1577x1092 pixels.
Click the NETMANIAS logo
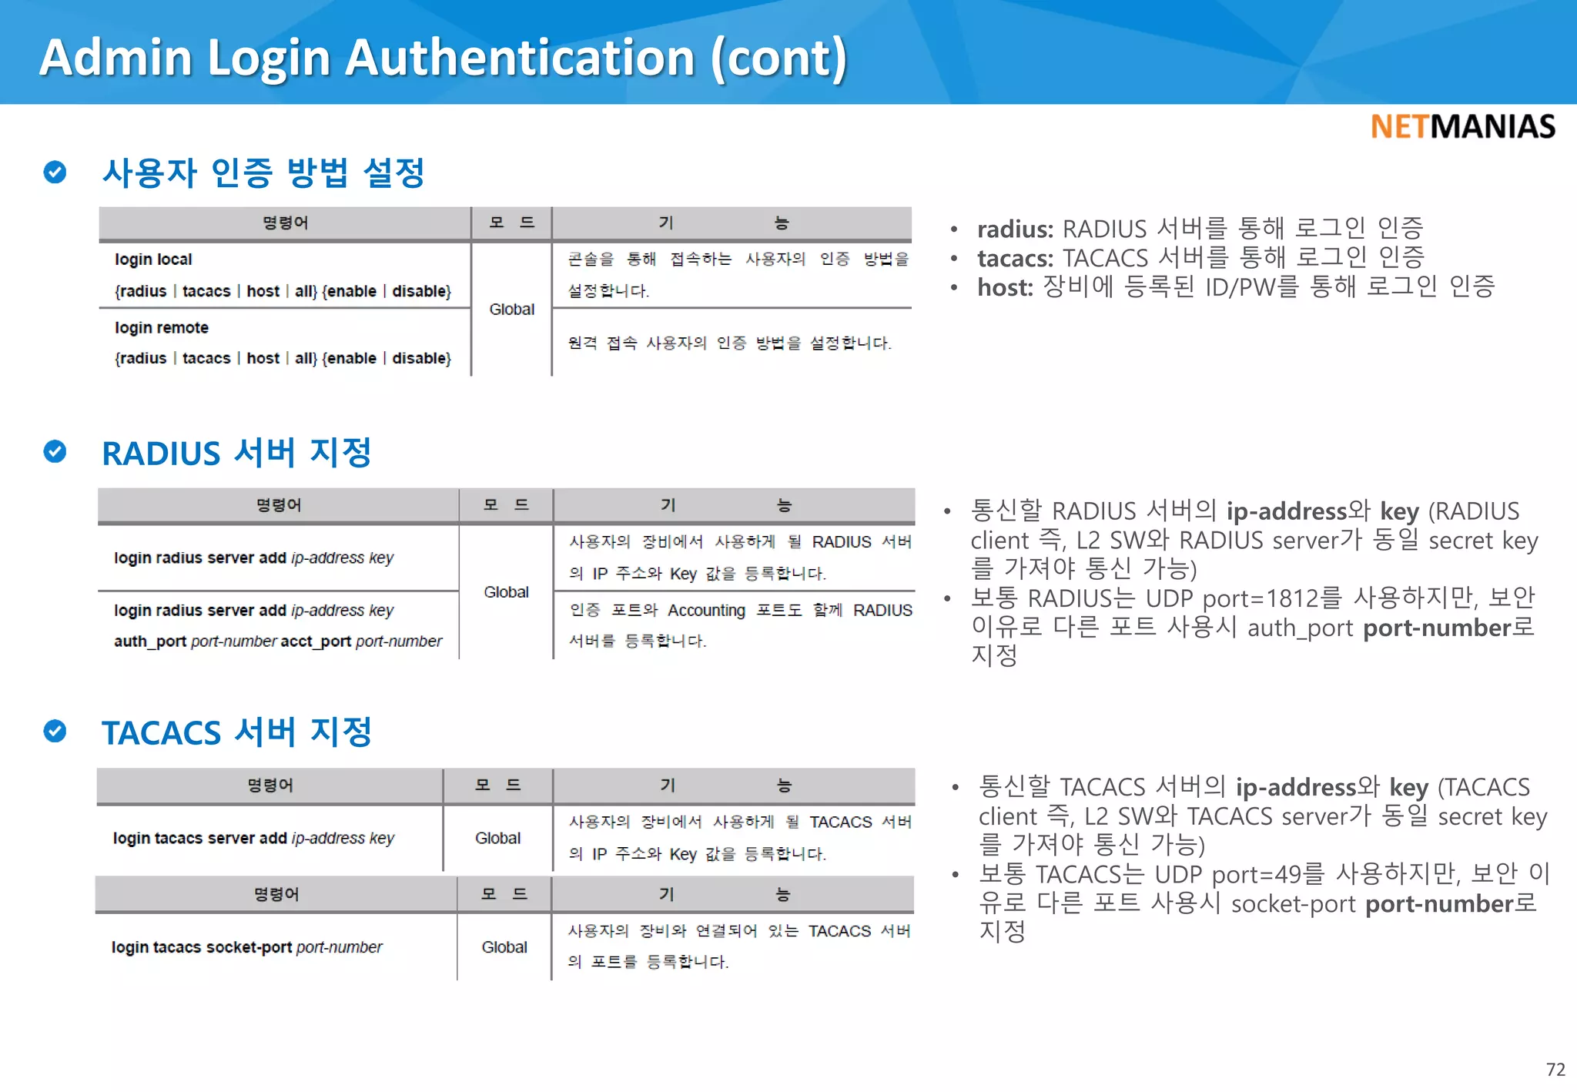(x=1462, y=126)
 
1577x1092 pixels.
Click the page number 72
(x=1555, y=1070)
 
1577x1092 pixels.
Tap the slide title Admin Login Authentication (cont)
(x=443, y=58)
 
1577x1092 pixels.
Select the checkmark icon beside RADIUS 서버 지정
(x=55, y=451)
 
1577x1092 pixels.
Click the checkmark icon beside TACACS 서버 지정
(x=55, y=731)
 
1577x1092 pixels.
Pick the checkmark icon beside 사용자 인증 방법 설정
(x=55, y=172)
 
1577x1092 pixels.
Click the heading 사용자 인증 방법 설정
(x=263, y=173)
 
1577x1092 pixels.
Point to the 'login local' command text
(x=153, y=260)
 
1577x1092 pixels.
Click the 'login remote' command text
(x=162, y=327)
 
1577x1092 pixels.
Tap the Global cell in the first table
(x=511, y=310)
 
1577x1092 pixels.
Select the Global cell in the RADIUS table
(x=506, y=592)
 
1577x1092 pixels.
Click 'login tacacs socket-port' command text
(x=202, y=947)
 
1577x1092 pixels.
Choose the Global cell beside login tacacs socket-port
(x=504, y=947)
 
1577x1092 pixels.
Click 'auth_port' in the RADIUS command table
(x=150, y=641)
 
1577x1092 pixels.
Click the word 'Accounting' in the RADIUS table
(x=706, y=611)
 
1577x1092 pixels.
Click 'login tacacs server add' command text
(x=199, y=838)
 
